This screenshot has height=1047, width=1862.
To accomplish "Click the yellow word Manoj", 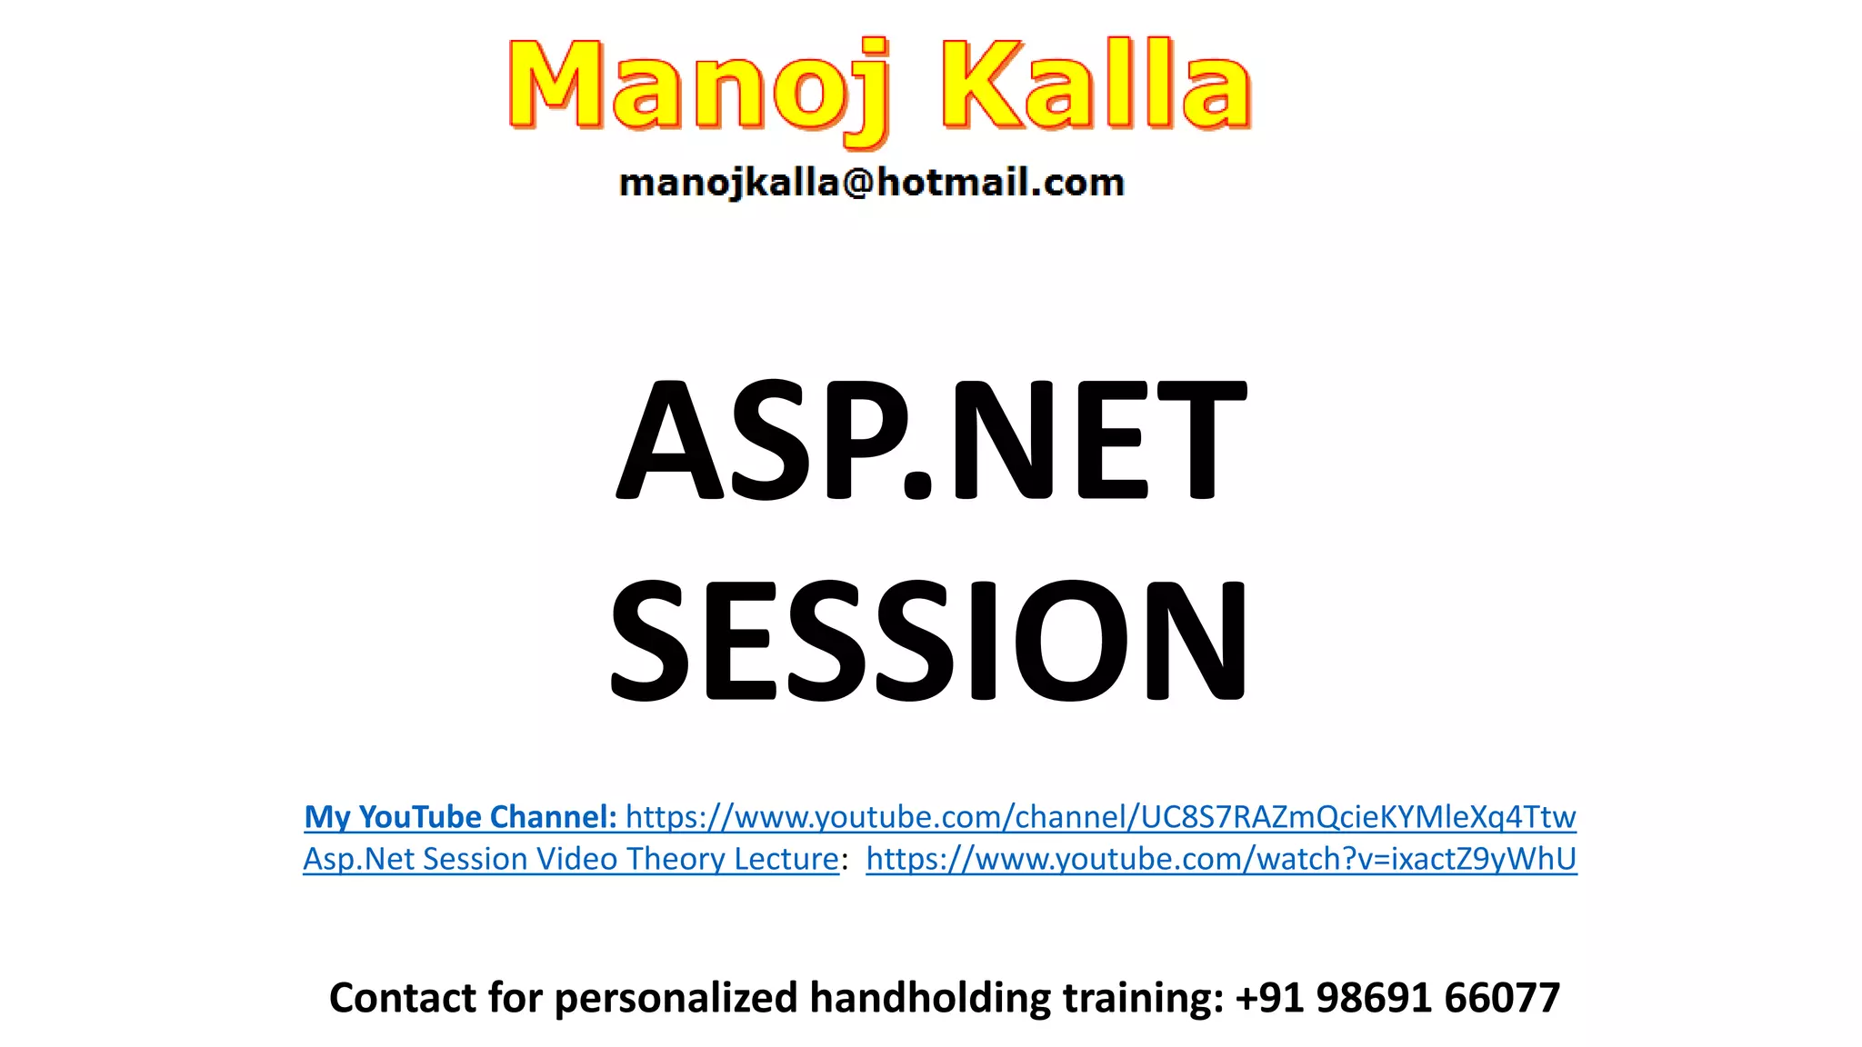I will click(x=696, y=86).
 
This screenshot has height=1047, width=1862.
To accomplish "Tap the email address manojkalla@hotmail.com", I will click(x=871, y=183).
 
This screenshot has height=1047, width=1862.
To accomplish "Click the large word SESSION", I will click(x=928, y=640).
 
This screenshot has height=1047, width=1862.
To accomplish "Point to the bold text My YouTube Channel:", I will click(x=460, y=817).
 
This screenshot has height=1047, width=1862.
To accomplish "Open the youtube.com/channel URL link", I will click(x=1100, y=817).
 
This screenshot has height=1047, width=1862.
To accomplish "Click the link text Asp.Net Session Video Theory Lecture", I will click(x=570, y=859).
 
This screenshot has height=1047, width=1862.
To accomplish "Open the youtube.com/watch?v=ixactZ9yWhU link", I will click(x=1221, y=859).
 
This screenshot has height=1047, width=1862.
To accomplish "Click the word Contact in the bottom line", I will click(x=402, y=998).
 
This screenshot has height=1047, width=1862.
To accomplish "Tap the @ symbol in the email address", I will click(x=858, y=183).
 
